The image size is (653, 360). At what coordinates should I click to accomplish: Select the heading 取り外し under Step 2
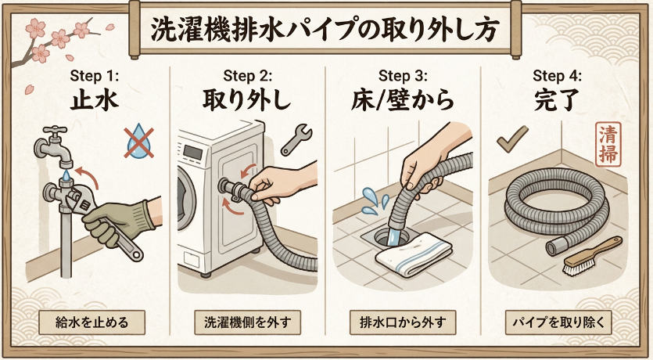pyautogui.click(x=248, y=101)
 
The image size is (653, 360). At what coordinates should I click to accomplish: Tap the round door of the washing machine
pyautogui.click(x=187, y=200)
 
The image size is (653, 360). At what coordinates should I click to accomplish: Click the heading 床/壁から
pyautogui.click(x=404, y=101)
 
